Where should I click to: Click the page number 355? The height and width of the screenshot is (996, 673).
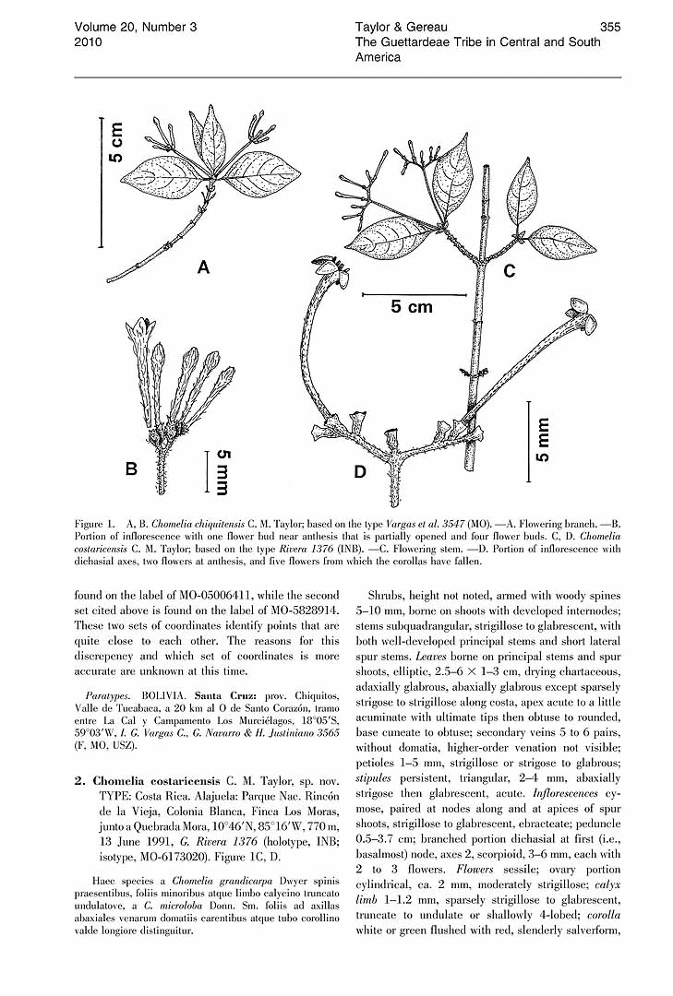pyautogui.click(x=609, y=27)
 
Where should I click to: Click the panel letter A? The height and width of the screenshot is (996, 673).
pyautogui.click(x=203, y=268)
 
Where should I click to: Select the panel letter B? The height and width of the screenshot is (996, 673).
pyautogui.click(x=132, y=468)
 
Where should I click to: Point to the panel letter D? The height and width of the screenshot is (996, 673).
pyautogui.click(x=359, y=471)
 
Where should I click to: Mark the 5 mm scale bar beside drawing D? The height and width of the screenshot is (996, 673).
pyautogui.click(x=529, y=440)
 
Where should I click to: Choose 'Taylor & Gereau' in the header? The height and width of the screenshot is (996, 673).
pyautogui.click(x=403, y=27)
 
